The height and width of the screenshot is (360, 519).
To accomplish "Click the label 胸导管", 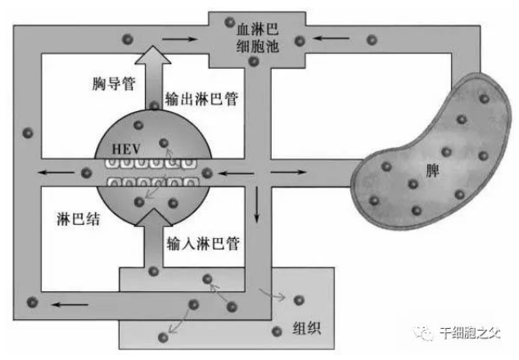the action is tap(114, 83).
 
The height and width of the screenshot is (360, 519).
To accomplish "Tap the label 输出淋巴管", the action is tap(201, 98).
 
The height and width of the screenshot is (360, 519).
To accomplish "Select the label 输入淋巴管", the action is tap(202, 244).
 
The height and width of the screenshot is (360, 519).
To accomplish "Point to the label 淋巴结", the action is tap(78, 218).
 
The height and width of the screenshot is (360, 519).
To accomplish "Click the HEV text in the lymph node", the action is tap(126, 149).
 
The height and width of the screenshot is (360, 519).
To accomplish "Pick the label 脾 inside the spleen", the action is tap(432, 171).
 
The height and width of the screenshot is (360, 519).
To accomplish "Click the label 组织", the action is tap(307, 328).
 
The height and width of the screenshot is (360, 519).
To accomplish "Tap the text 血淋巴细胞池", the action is tap(257, 38).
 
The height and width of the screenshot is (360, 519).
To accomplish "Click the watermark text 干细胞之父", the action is tap(470, 332).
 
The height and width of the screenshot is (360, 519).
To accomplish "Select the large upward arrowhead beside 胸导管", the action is tap(153, 55).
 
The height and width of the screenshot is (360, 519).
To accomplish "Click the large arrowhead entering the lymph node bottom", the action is tap(154, 218).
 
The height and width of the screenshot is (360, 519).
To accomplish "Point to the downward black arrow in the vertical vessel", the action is tap(256, 204).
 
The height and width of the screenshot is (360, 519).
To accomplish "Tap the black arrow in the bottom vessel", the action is tap(70, 304).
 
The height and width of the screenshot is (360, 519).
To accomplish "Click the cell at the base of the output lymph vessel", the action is tap(154, 106).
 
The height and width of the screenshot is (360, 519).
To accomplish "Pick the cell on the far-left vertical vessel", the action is tap(28, 133).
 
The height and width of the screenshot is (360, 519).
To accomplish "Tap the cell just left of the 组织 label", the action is tap(277, 331).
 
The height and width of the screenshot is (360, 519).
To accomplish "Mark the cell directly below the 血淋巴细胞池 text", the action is tap(254, 61).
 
